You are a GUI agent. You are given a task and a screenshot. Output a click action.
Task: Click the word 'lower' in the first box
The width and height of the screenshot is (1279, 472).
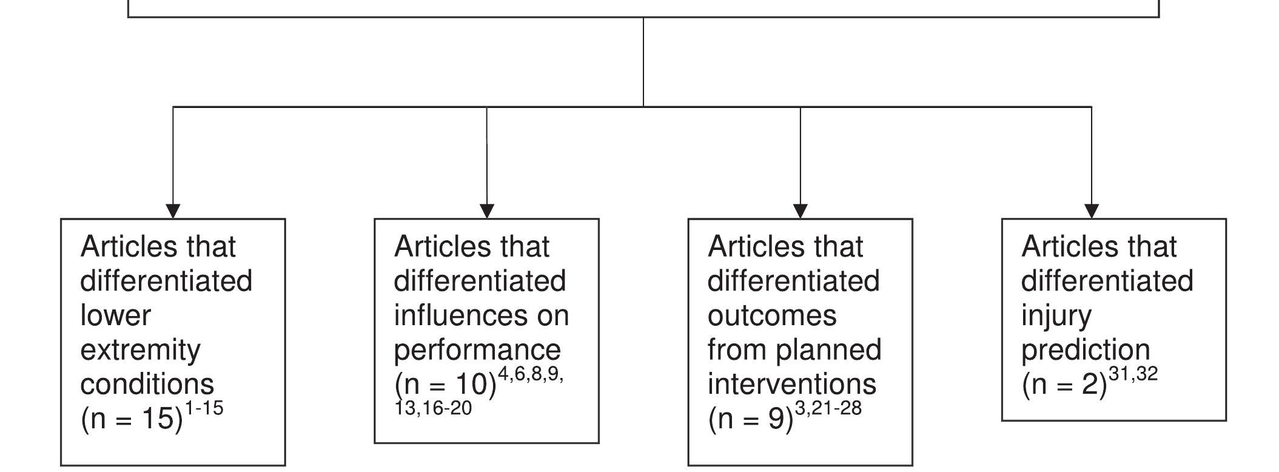[x=115, y=315]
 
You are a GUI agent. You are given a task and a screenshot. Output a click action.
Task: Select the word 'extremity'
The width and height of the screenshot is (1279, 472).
[x=140, y=350]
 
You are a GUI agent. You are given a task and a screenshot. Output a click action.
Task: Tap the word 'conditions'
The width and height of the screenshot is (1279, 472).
[x=147, y=385]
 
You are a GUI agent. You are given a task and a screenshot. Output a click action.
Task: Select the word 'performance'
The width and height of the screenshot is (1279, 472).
[x=477, y=350]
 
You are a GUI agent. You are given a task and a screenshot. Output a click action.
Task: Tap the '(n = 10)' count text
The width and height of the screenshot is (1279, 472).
[x=445, y=385]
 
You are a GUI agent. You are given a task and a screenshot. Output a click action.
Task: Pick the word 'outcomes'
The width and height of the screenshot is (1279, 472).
[x=772, y=315]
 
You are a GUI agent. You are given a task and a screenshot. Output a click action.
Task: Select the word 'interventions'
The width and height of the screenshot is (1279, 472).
[x=791, y=385]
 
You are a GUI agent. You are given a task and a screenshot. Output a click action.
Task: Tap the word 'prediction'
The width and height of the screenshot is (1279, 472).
[x=1086, y=350]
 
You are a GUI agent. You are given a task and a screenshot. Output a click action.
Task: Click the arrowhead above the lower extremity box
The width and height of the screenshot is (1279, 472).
[x=173, y=211]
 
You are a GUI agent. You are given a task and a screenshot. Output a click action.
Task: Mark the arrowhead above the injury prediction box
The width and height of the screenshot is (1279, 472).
[x=1092, y=211]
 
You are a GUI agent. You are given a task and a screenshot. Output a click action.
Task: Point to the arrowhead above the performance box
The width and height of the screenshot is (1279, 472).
[x=487, y=211]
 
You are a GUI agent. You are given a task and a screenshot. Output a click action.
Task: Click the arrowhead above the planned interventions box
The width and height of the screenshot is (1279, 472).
[x=801, y=211]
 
